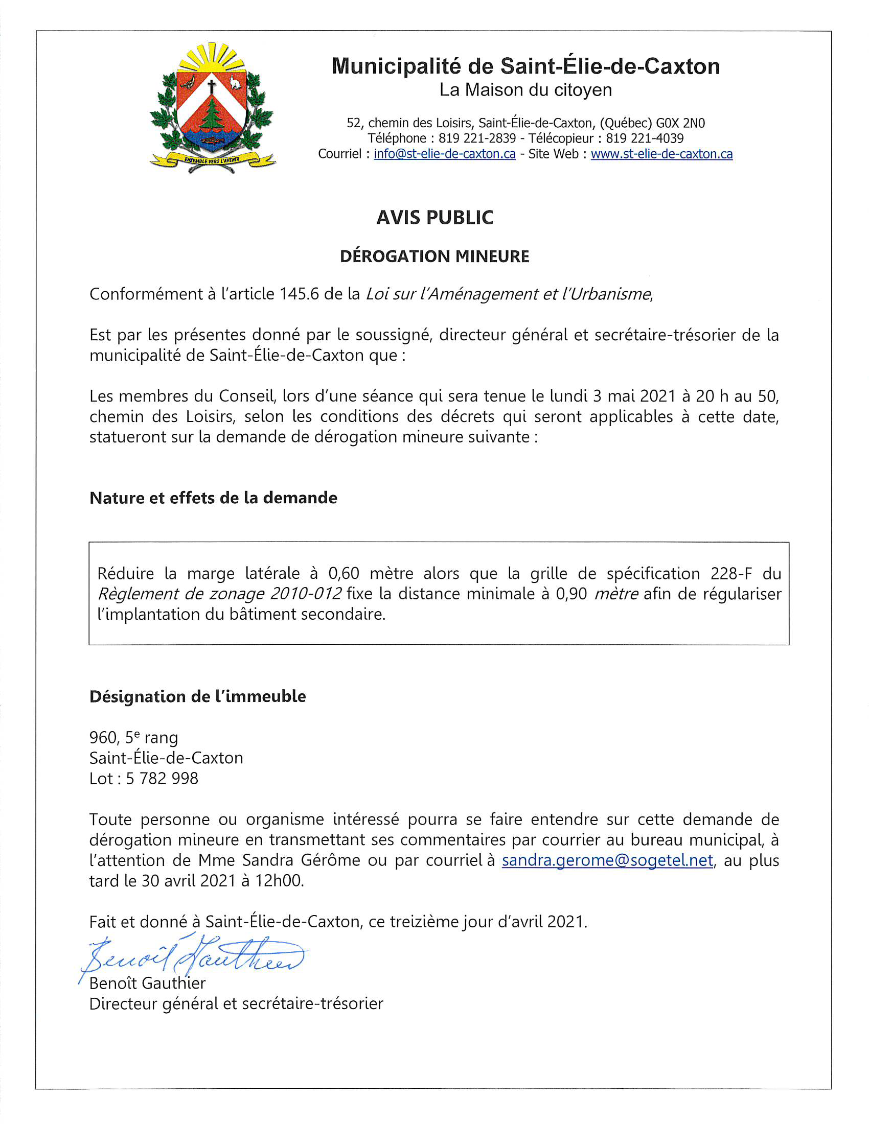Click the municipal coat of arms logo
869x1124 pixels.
tap(212, 108)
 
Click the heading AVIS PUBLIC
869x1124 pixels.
tap(435, 218)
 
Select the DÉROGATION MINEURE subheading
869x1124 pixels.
tap(435, 256)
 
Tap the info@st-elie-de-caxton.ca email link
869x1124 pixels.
tap(444, 154)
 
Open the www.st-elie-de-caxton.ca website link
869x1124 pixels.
tap(661, 154)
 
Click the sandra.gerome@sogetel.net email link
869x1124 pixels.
tap(607, 860)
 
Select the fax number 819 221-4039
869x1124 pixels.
tap(645, 138)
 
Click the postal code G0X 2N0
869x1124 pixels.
tap(680, 123)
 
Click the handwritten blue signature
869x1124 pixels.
tap(193, 959)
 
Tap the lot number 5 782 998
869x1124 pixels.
tap(162, 779)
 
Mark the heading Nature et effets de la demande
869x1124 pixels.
tap(213, 498)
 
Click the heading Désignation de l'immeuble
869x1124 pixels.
tap(197, 696)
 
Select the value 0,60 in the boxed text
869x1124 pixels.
tap(344, 573)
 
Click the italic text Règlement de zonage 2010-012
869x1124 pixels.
tap(219, 594)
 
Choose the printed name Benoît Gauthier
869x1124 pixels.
tap(147, 983)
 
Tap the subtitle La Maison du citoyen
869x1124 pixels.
tap(525, 90)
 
